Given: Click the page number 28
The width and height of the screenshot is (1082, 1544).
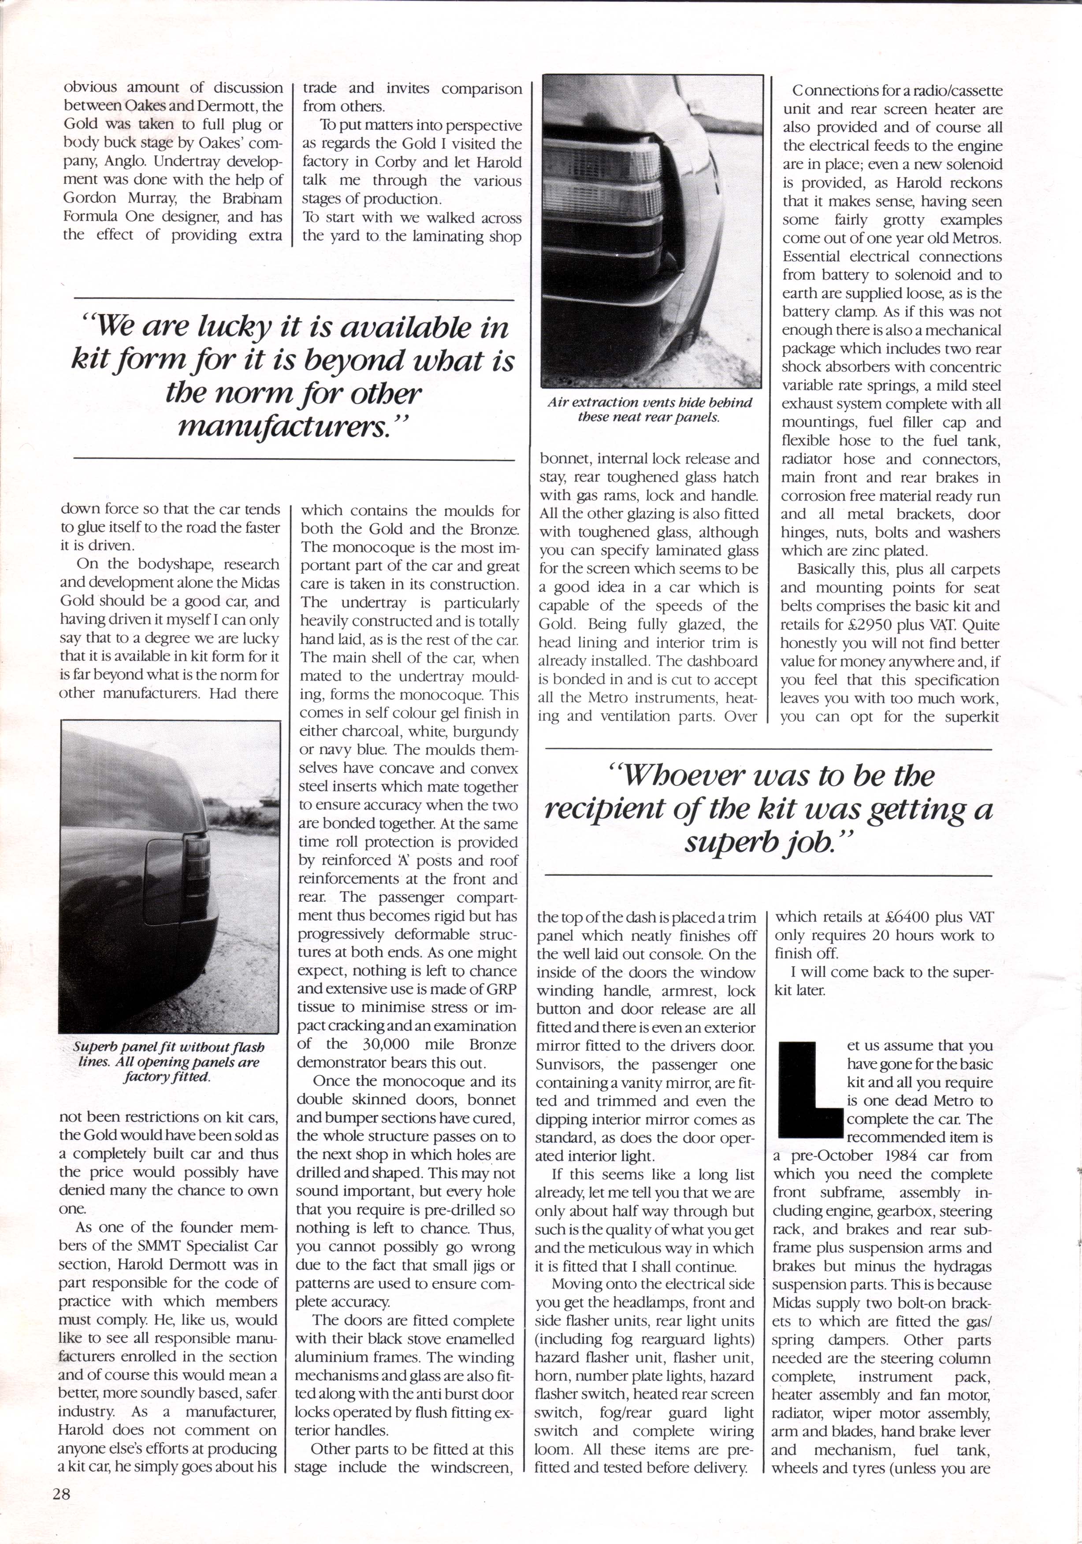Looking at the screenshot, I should pyautogui.click(x=65, y=1489).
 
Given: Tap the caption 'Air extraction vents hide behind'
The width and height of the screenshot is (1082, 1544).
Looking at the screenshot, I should pyautogui.click(x=650, y=403).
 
